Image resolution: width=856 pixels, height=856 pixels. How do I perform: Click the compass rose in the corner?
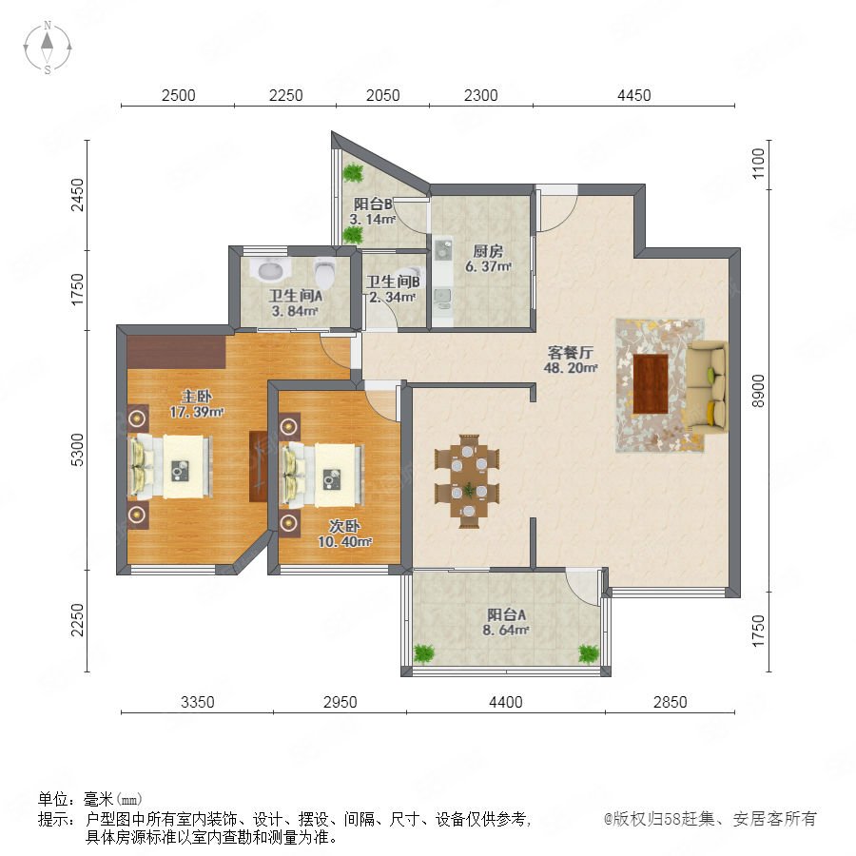click(x=48, y=48)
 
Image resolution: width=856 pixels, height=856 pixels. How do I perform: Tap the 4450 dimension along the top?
click(x=633, y=95)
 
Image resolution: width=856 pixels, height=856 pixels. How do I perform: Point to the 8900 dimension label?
click(x=758, y=391)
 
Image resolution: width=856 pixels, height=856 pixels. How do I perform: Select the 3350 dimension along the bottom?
click(x=197, y=702)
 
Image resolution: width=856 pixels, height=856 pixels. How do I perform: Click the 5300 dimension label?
click(x=78, y=450)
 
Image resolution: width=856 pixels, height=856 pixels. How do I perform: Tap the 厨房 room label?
click(x=488, y=251)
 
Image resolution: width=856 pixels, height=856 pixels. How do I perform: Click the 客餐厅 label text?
click(x=570, y=352)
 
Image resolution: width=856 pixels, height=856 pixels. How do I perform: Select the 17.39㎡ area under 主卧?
click(x=196, y=412)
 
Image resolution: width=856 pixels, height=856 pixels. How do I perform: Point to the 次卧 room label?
click(x=344, y=526)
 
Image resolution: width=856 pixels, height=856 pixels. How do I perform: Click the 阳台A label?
click(x=506, y=614)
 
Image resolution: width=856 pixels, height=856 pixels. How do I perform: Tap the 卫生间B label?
click(x=393, y=282)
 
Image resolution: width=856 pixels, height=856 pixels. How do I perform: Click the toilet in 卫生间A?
click(x=326, y=272)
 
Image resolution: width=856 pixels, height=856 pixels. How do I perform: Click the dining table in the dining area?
click(x=468, y=481)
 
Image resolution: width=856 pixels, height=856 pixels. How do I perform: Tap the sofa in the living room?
click(x=707, y=385)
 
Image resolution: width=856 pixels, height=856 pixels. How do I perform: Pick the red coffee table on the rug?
click(x=651, y=384)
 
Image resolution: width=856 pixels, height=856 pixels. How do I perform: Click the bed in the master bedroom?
click(x=170, y=466)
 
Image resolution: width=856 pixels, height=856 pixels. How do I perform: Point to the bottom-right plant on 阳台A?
click(x=589, y=652)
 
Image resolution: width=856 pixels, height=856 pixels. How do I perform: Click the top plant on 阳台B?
click(x=353, y=172)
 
